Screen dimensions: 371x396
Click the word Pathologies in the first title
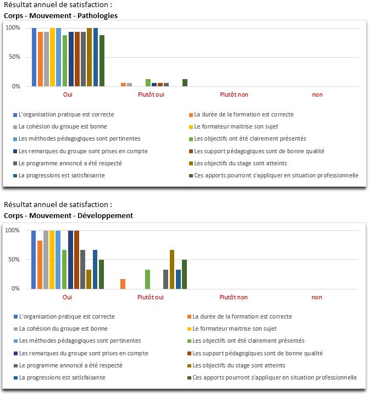(97, 16)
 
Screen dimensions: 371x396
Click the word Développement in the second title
(105, 215)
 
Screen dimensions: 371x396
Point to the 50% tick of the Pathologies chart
(14, 57)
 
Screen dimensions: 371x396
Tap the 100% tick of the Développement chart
(13, 230)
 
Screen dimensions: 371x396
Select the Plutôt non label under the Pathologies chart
(234, 94)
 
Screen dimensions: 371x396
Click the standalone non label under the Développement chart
(317, 297)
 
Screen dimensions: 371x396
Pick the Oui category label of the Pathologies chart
(68, 94)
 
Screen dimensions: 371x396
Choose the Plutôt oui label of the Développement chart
(151, 297)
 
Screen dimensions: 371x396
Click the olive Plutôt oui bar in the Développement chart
(172, 269)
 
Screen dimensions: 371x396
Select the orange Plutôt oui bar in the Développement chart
(123, 284)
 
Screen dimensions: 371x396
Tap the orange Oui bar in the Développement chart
(40, 265)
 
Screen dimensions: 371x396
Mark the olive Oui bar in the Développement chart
(88, 279)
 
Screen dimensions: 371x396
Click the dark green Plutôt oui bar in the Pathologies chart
(185, 82)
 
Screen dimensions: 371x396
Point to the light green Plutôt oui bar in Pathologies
(148, 82)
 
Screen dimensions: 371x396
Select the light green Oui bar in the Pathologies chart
(65, 60)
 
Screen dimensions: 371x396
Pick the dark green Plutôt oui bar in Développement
(185, 274)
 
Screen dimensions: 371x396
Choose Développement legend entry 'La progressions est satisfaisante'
(60, 377)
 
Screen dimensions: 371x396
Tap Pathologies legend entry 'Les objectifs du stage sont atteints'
(238, 164)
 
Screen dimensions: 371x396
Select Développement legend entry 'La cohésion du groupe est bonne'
(60, 328)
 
